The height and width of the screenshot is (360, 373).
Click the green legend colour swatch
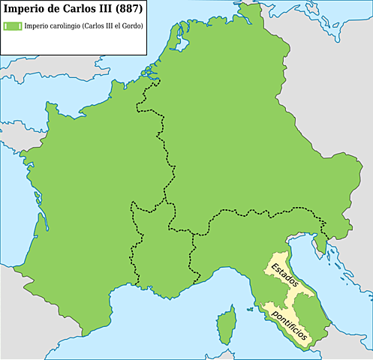(x=12, y=26)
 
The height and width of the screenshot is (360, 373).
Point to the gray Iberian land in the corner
(x=30, y=322)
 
